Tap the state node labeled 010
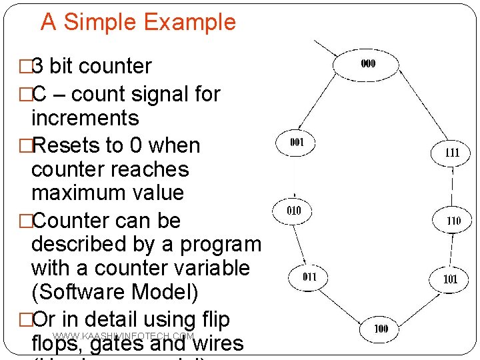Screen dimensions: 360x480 (293, 211)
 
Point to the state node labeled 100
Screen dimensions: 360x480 (381, 329)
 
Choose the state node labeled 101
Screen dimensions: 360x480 (451, 279)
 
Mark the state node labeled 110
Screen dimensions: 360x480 (453, 220)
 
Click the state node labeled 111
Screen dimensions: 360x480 (452, 152)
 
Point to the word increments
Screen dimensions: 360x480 (85, 118)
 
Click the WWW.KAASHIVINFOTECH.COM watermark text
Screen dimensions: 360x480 (123, 337)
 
